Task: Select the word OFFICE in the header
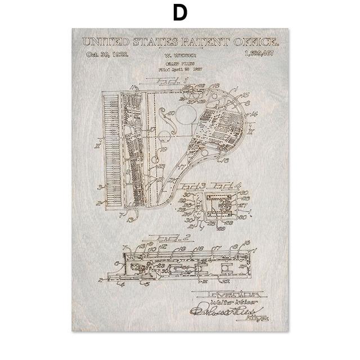pos(251,42)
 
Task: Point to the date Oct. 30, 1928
pos(107,55)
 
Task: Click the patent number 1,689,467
pos(260,55)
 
